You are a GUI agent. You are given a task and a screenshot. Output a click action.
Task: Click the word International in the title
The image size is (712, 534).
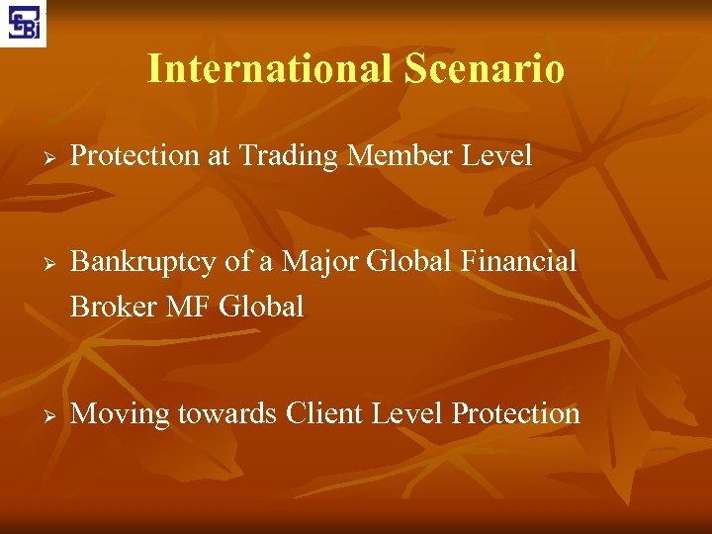tap(269, 69)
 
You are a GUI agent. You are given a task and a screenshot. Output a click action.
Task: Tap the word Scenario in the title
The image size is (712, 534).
tap(484, 69)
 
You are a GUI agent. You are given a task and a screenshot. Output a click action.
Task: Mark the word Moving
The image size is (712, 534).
tap(121, 413)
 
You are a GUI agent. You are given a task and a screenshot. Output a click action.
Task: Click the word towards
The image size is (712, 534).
tap(226, 414)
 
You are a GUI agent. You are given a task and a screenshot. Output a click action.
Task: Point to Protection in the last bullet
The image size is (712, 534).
tap(515, 413)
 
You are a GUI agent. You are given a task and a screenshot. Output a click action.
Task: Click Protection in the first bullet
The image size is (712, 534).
tap(135, 156)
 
